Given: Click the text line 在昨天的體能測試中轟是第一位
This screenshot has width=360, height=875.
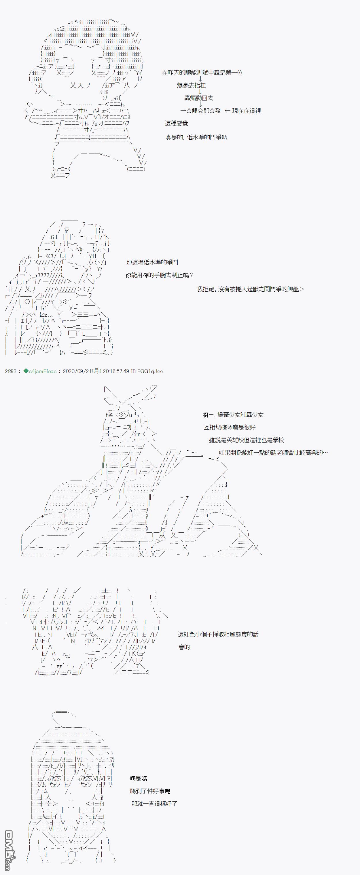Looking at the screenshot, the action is [x=202, y=73].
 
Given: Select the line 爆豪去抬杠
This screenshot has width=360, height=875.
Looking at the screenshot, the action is [x=191, y=85].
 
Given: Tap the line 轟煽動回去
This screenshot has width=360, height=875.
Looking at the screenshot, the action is [x=199, y=98].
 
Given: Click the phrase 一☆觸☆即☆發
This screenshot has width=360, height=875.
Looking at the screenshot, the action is [x=200, y=111].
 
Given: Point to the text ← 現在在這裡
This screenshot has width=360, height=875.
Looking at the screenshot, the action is [x=243, y=111].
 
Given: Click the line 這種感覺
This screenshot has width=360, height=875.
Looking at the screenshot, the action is [x=176, y=123].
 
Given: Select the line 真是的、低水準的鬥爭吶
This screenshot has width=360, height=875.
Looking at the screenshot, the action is [x=196, y=137].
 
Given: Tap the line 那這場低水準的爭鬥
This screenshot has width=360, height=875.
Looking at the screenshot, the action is [x=152, y=262].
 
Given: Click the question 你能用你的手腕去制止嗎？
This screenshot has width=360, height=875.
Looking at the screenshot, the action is [x=159, y=275].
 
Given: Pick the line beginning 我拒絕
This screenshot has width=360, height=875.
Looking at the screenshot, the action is [x=250, y=289].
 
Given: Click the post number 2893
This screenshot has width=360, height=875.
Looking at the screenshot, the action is [x=11, y=371].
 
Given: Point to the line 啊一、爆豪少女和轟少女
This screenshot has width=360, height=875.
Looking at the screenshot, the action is [x=233, y=414].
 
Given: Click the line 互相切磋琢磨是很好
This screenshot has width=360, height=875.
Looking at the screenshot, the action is [x=230, y=427].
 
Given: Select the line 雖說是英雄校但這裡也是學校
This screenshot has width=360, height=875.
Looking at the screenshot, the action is [x=246, y=440].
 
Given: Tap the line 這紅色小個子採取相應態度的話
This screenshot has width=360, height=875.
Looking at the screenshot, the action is [x=218, y=634].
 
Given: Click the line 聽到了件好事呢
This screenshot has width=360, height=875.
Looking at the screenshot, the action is [x=150, y=791].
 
